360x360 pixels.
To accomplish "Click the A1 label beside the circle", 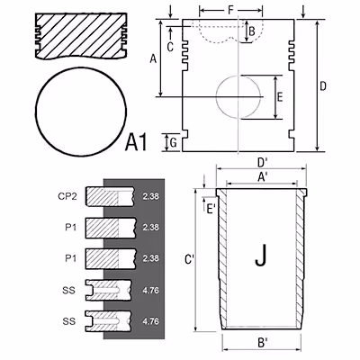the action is [x=136, y=142].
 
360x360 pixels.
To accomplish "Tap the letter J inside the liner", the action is [x=261, y=256].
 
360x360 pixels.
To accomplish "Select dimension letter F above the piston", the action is [x=230, y=10].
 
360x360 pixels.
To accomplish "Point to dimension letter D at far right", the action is [x=323, y=86].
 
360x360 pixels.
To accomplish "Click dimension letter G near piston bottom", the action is [x=173, y=143].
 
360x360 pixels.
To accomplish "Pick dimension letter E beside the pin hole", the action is [x=280, y=97].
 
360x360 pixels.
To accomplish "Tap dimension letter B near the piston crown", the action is [x=252, y=31].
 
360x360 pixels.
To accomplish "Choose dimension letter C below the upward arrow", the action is [x=170, y=47].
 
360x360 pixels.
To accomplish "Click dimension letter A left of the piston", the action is [x=153, y=58].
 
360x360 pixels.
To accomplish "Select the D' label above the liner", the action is [x=263, y=162].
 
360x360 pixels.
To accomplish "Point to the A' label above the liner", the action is [x=263, y=177].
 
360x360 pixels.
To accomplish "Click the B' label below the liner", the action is [x=263, y=342].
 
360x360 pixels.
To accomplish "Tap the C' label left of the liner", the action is [x=190, y=259].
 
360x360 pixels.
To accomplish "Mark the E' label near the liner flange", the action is [x=211, y=208].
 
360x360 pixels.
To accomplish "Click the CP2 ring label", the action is [x=67, y=196].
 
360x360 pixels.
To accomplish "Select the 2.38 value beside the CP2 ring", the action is [x=150, y=196].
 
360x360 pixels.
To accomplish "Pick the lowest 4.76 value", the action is [x=150, y=321].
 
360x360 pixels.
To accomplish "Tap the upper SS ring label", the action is [x=69, y=291].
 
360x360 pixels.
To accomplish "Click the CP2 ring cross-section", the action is [x=110, y=196].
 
